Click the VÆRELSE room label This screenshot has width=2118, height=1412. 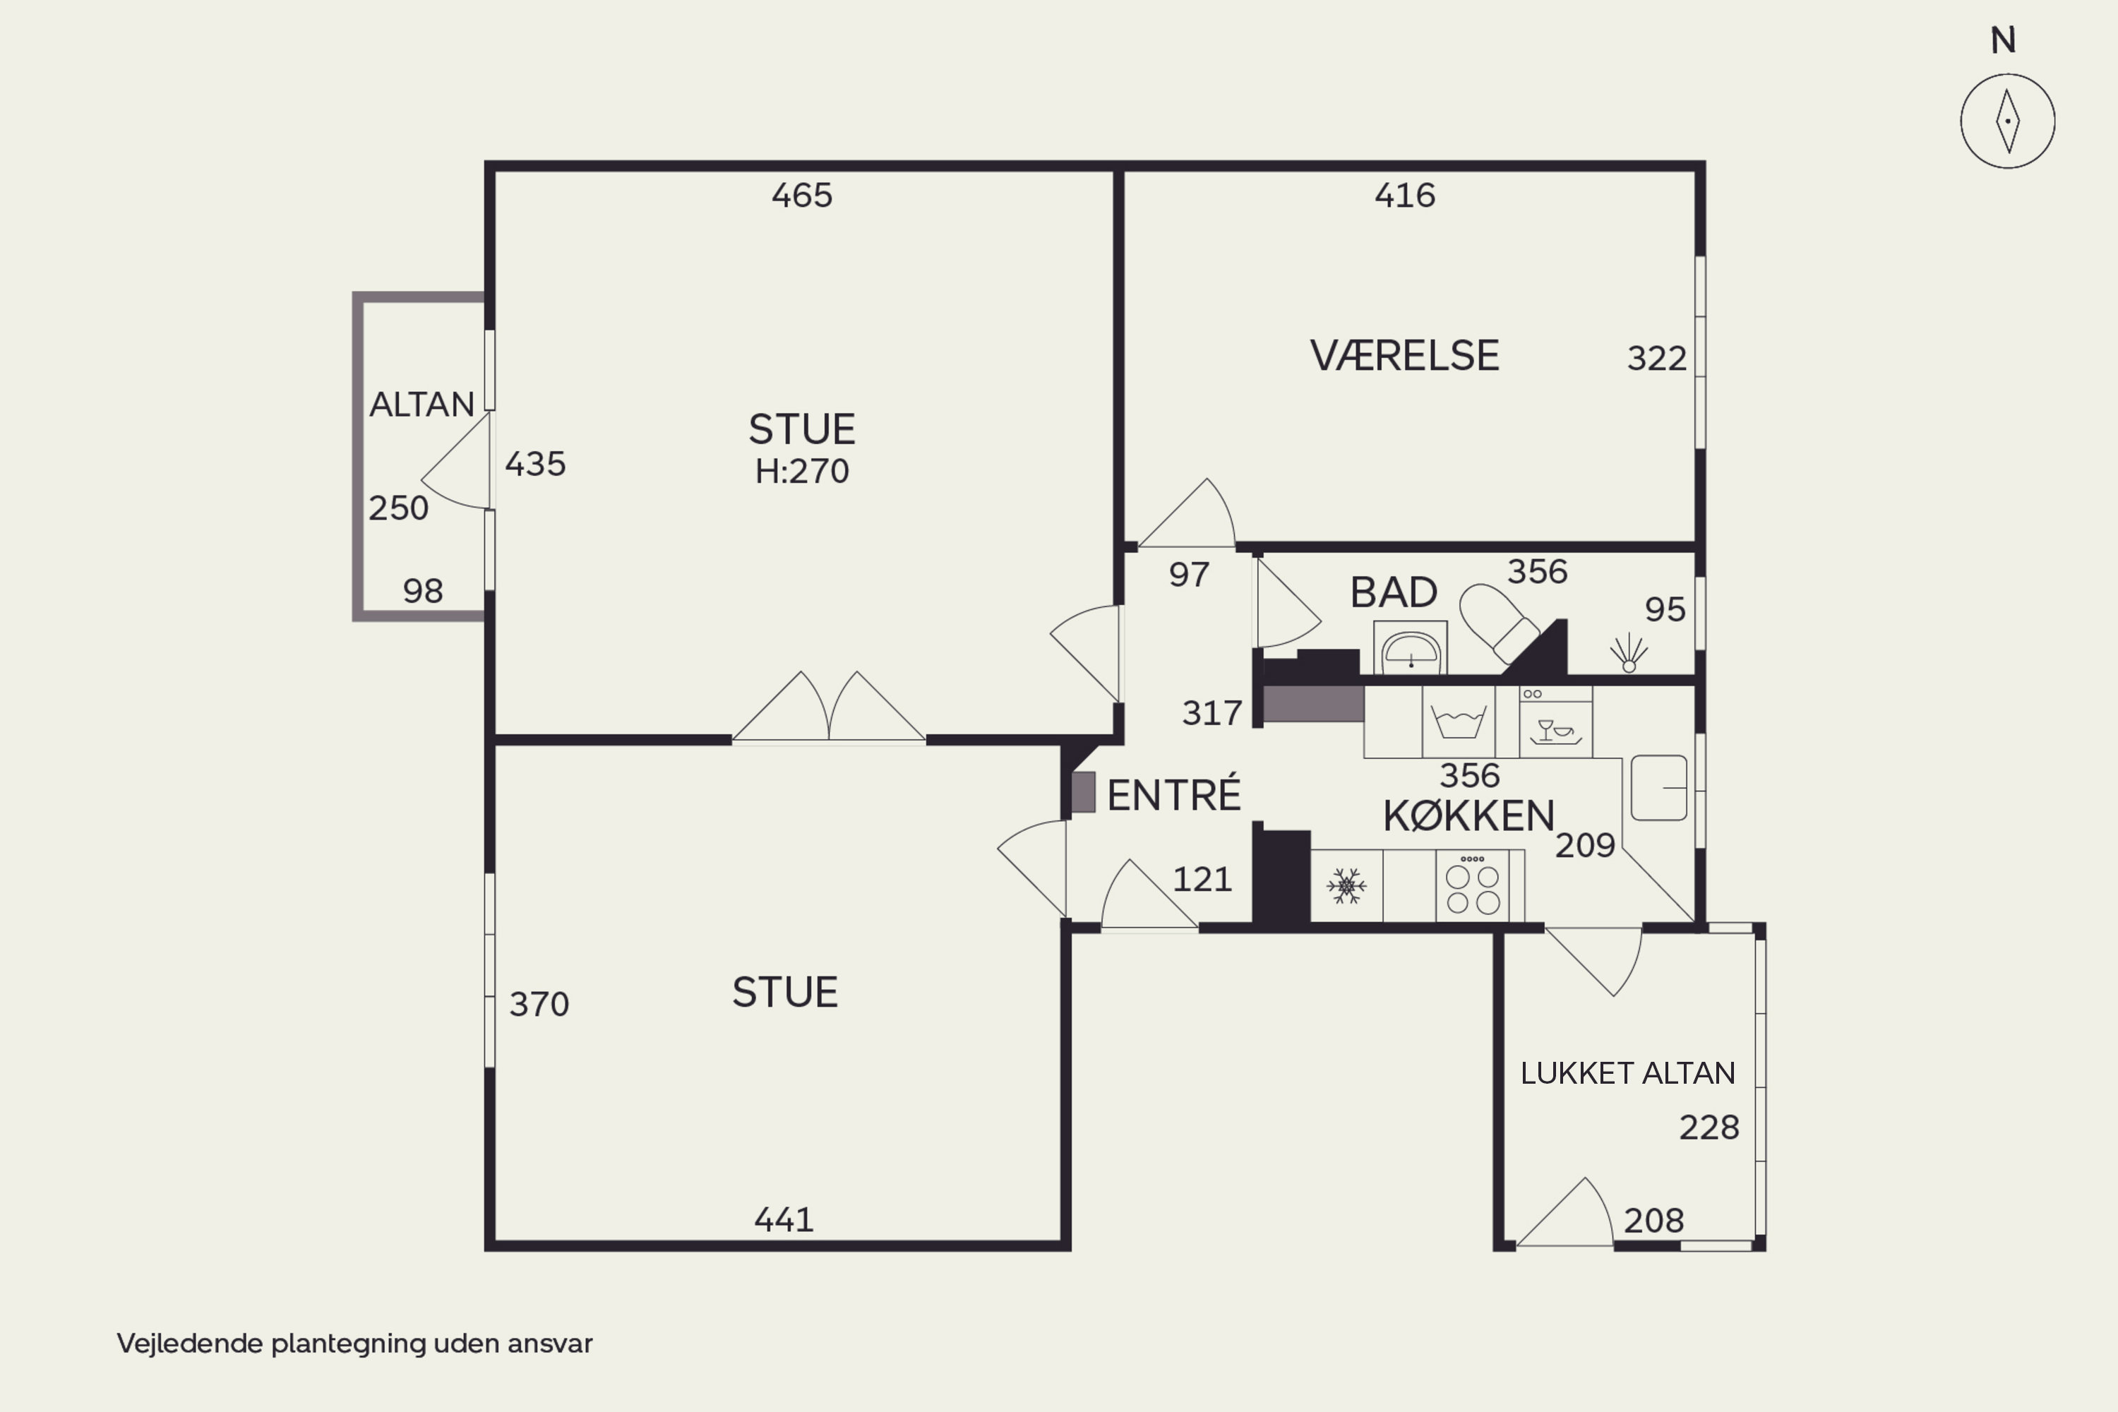pos(1404,356)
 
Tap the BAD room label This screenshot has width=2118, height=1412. pos(1393,592)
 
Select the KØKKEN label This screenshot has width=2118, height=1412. pos(1468,816)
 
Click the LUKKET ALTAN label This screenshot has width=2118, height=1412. pos(1627,1072)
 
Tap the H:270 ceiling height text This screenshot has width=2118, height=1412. pos(801,471)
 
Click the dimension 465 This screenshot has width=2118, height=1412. pos(801,195)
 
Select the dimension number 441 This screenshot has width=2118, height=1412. pos(784,1219)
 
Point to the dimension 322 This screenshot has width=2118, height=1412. pos(1656,359)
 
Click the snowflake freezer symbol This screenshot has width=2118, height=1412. pos(1346,886)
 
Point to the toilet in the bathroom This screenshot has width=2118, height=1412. pos(1497,621)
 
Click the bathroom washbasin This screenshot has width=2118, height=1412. pos(1410,647)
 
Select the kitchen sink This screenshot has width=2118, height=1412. pos(1658,788)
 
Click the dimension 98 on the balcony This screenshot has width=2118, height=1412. pos(422,591)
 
